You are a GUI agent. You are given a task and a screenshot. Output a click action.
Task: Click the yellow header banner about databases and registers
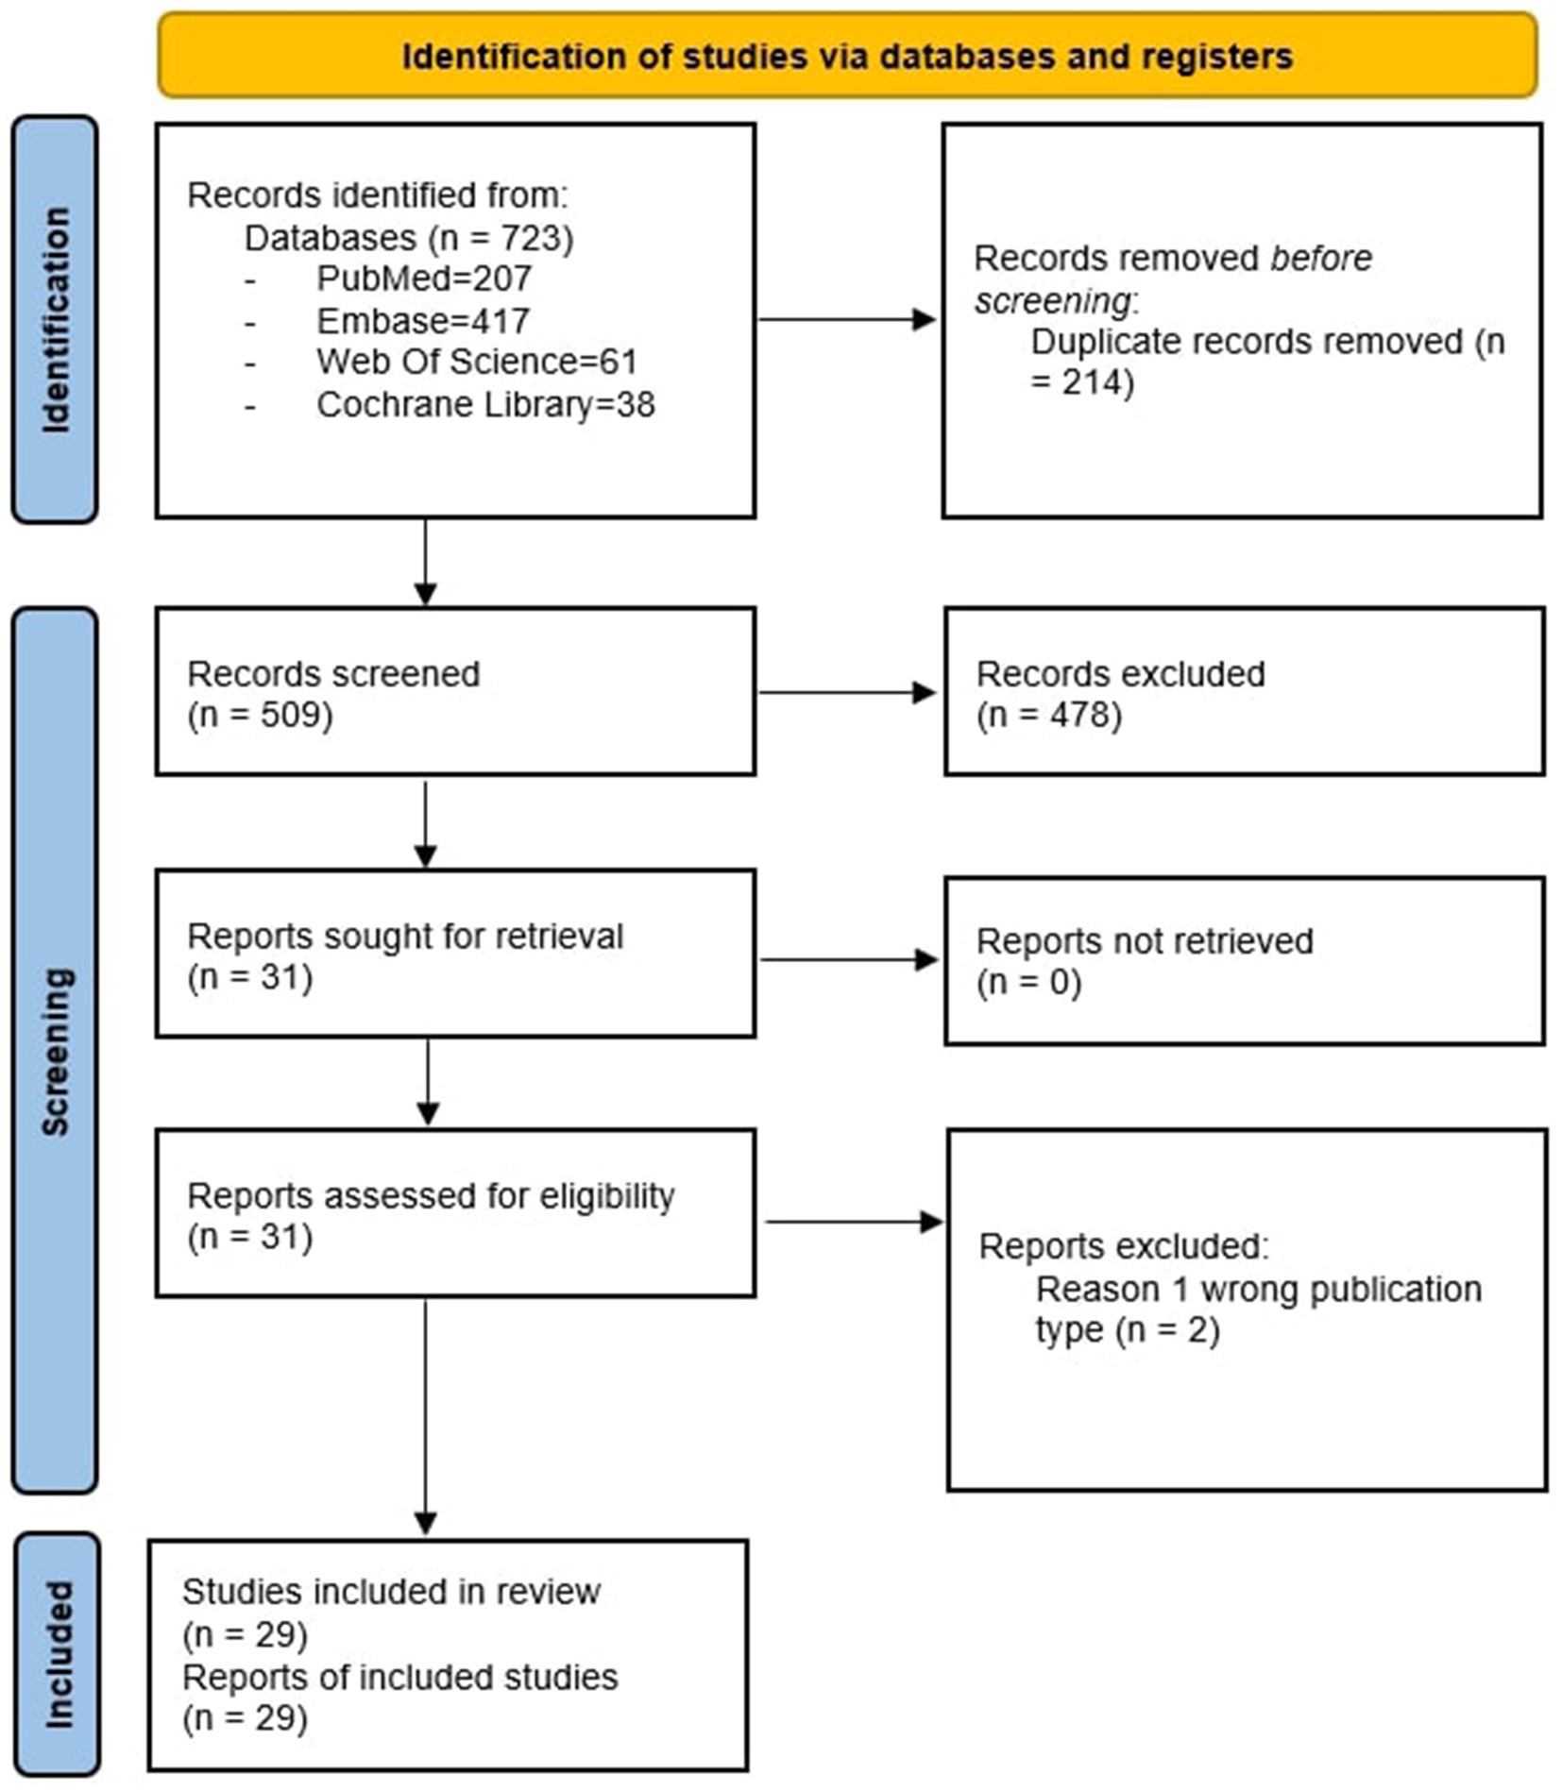coord(846,56)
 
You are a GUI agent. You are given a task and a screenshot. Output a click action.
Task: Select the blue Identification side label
coord(55,319)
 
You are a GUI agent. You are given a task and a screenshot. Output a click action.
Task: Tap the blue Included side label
coord(57,1654)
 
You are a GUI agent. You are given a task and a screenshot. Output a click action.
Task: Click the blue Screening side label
coord(55,1050)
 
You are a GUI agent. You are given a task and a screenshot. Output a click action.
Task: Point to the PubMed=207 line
coord(423,279)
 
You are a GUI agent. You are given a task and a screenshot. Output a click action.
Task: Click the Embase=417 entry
coord(422,321)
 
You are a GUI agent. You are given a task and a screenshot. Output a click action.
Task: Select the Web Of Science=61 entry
coord(476,362)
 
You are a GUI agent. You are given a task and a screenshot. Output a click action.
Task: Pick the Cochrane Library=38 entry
coord(484,404)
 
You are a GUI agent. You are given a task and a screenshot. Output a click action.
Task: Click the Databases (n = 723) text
coord(408,237)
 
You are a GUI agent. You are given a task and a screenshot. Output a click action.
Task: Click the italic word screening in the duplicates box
coord(1051,301)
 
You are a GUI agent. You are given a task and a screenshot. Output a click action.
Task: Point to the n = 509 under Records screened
coord(260,715)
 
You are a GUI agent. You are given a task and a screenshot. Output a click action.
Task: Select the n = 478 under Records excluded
coord(1048,715)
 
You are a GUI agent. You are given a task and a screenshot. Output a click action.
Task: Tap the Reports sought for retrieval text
coord(404,936)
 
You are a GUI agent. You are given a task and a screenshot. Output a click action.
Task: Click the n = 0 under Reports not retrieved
coord(1027,982)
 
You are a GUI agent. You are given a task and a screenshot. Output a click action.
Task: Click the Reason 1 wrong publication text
coord(1258,1289)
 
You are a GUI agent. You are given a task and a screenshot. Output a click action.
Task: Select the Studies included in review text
coord(390,1591)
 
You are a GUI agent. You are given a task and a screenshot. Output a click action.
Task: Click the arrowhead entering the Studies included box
coord(425,1523)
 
